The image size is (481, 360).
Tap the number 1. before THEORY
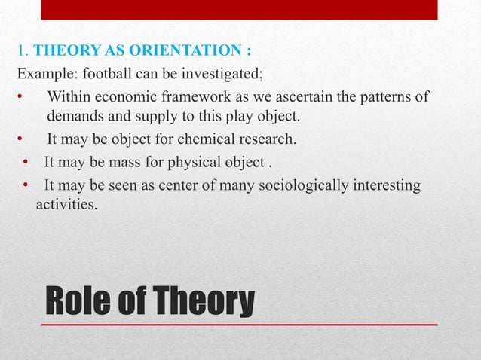pyautogui.click(x=23, y=51)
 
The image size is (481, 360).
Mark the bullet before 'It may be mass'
pyautogui.click(x=25, y=162)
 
